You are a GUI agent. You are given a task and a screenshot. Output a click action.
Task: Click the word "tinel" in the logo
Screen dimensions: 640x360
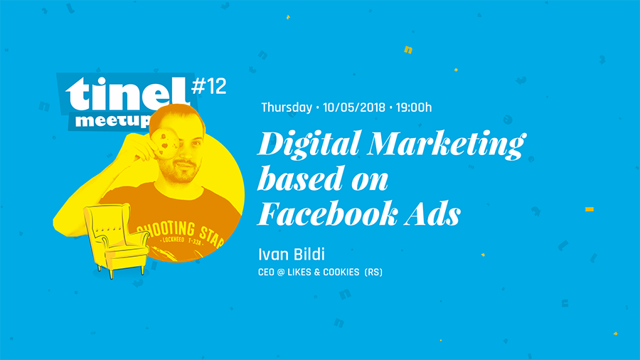127,94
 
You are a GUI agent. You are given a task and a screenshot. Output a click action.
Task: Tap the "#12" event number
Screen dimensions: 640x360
208,86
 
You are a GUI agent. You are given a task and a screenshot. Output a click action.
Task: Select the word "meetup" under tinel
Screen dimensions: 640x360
113,120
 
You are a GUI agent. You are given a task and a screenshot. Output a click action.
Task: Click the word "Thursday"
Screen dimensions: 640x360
287,107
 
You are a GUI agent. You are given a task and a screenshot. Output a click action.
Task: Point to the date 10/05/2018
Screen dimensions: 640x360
354,107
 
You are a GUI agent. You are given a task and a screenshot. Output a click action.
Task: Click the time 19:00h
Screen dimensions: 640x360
413,107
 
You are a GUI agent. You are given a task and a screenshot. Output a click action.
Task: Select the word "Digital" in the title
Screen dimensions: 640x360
309,144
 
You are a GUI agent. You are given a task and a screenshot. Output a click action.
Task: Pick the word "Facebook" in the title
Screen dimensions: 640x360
327,213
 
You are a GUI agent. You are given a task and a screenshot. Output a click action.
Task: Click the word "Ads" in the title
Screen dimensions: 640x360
432,213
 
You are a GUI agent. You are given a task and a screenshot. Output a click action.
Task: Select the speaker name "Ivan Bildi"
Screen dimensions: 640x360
292,254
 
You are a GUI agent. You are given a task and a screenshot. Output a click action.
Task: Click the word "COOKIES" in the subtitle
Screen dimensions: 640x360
341,272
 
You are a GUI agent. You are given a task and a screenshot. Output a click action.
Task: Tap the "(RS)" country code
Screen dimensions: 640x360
373,272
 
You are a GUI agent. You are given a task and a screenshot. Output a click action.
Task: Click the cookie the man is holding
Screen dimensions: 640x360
166,143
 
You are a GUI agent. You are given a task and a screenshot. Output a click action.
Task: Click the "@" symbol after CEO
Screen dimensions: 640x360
281,272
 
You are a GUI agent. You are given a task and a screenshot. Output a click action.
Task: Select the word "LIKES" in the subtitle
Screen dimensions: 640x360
299,272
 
